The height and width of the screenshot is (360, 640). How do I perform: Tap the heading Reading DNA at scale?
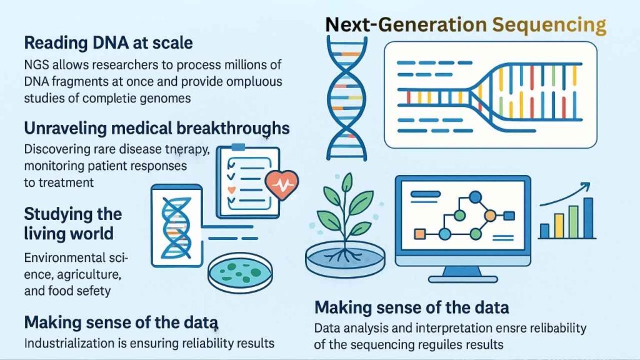tap(108, 44)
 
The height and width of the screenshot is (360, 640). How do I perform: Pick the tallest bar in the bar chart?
tap(587, 218)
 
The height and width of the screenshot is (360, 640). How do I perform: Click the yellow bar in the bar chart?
tap(559, 226)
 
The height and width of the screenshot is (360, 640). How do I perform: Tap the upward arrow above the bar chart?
tap(566, 194)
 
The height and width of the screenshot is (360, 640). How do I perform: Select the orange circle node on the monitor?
tap(490, 216)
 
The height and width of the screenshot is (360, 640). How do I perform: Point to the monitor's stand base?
tap(462, 276)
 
